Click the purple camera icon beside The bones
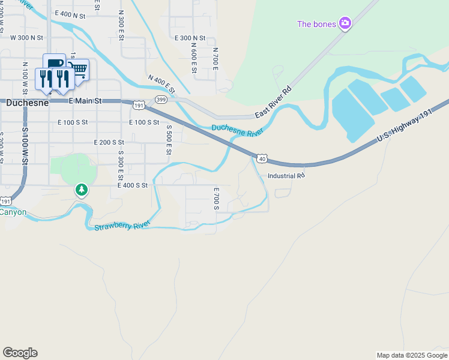tap(345, 23)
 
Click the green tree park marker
tap(82, 190)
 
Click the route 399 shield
tap(160, 99)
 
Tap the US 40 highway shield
tap(261, 158)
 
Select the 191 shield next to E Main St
tap(139, 105)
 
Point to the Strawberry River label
tap(122, 226)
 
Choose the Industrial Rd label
tap(286, 176)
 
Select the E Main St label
tap(86, 101)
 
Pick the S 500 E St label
tap(169, 139)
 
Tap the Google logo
tap(20, 353)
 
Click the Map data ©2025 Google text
tap(411, 355)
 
